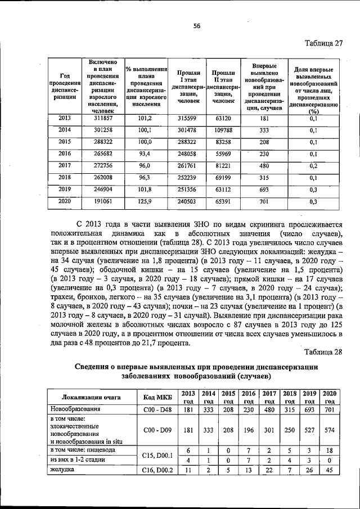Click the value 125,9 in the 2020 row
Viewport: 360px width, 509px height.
click(x=145, y=201)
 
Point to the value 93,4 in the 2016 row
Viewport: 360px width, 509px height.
click(x=145, y=154)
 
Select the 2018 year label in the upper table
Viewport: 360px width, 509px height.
click(x=65, y=177)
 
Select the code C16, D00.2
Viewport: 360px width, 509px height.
click(x=156, y=470)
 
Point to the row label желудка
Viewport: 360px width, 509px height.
click(x=64, y=470)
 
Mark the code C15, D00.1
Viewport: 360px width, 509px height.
click(x=156, y=454)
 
